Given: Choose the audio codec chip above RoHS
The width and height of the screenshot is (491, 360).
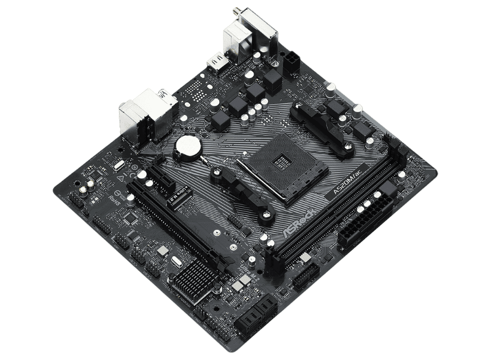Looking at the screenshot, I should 129,218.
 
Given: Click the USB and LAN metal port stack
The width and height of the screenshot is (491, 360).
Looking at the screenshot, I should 142,114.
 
